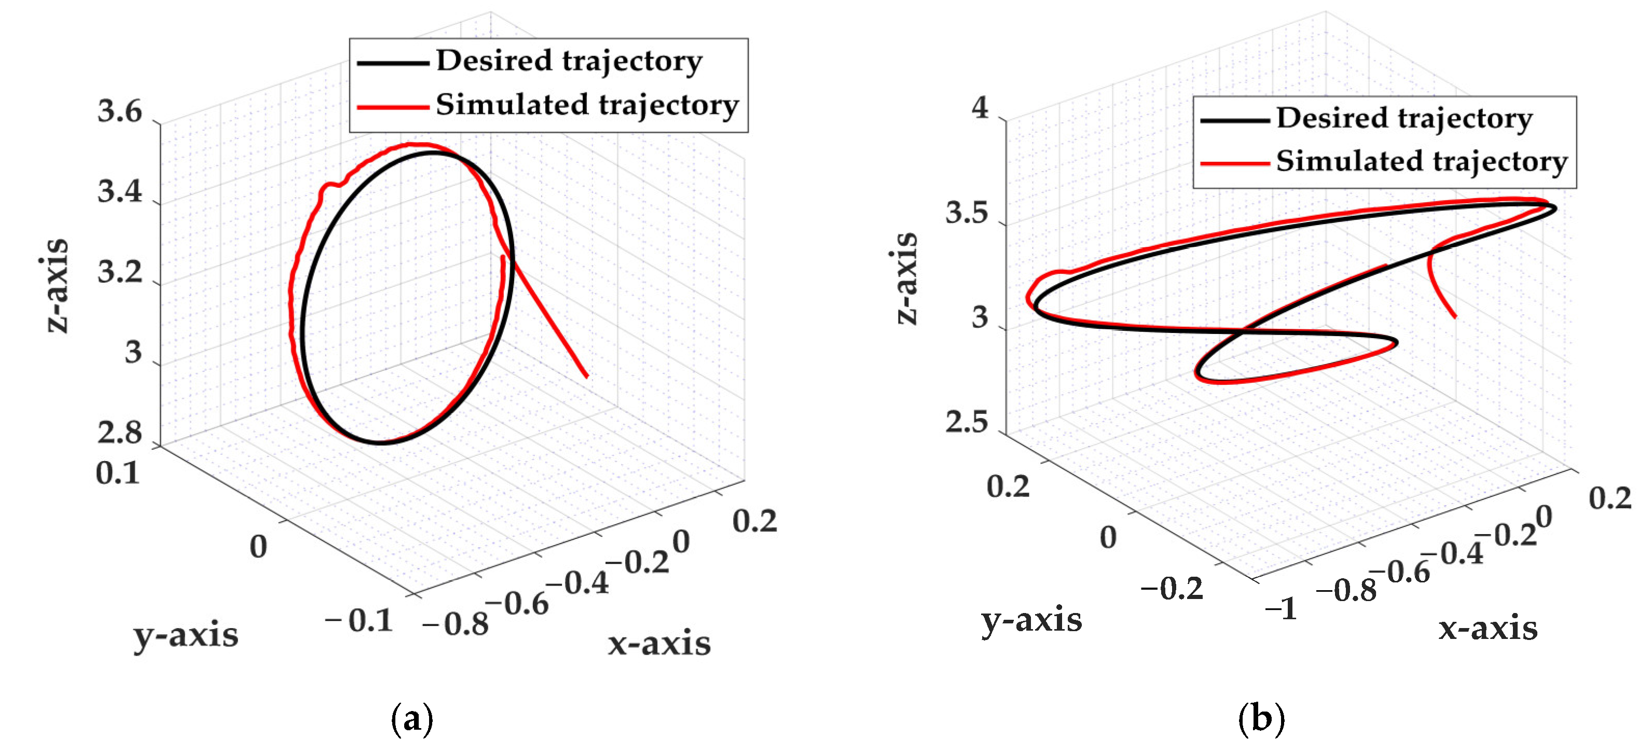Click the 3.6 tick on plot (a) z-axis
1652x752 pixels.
[x=119, y=112]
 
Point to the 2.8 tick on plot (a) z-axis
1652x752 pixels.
[x=119, y=434]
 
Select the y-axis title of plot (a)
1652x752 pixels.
[x=185, y=635]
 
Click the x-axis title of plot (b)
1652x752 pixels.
[x=1488, y=628]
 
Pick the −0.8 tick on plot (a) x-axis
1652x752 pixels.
[x=456, y=623]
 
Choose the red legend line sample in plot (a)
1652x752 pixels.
[x=392, y=106]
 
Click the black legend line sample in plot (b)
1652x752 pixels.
[x=1234, y=120]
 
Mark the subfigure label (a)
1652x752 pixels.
[x=412, y=719]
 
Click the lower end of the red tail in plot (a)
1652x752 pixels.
[x=586, y=377]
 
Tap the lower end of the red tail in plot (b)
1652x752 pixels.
[x=1454, y=316]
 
